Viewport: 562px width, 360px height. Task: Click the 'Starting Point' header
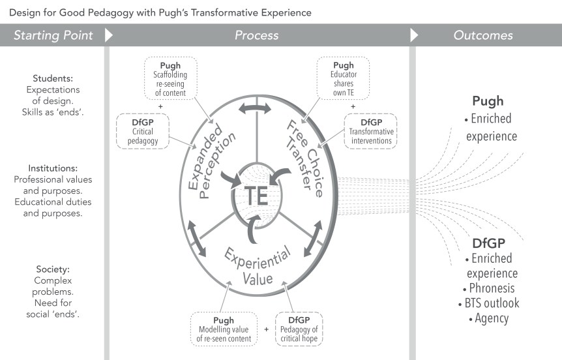[x=53, y=36]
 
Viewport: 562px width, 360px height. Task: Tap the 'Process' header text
[x=257, y=36]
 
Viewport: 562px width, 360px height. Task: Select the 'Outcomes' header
[x=483, y=36]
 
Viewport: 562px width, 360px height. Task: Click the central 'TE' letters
[x=257, y=195]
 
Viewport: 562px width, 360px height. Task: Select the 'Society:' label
[x=53, y=268]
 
